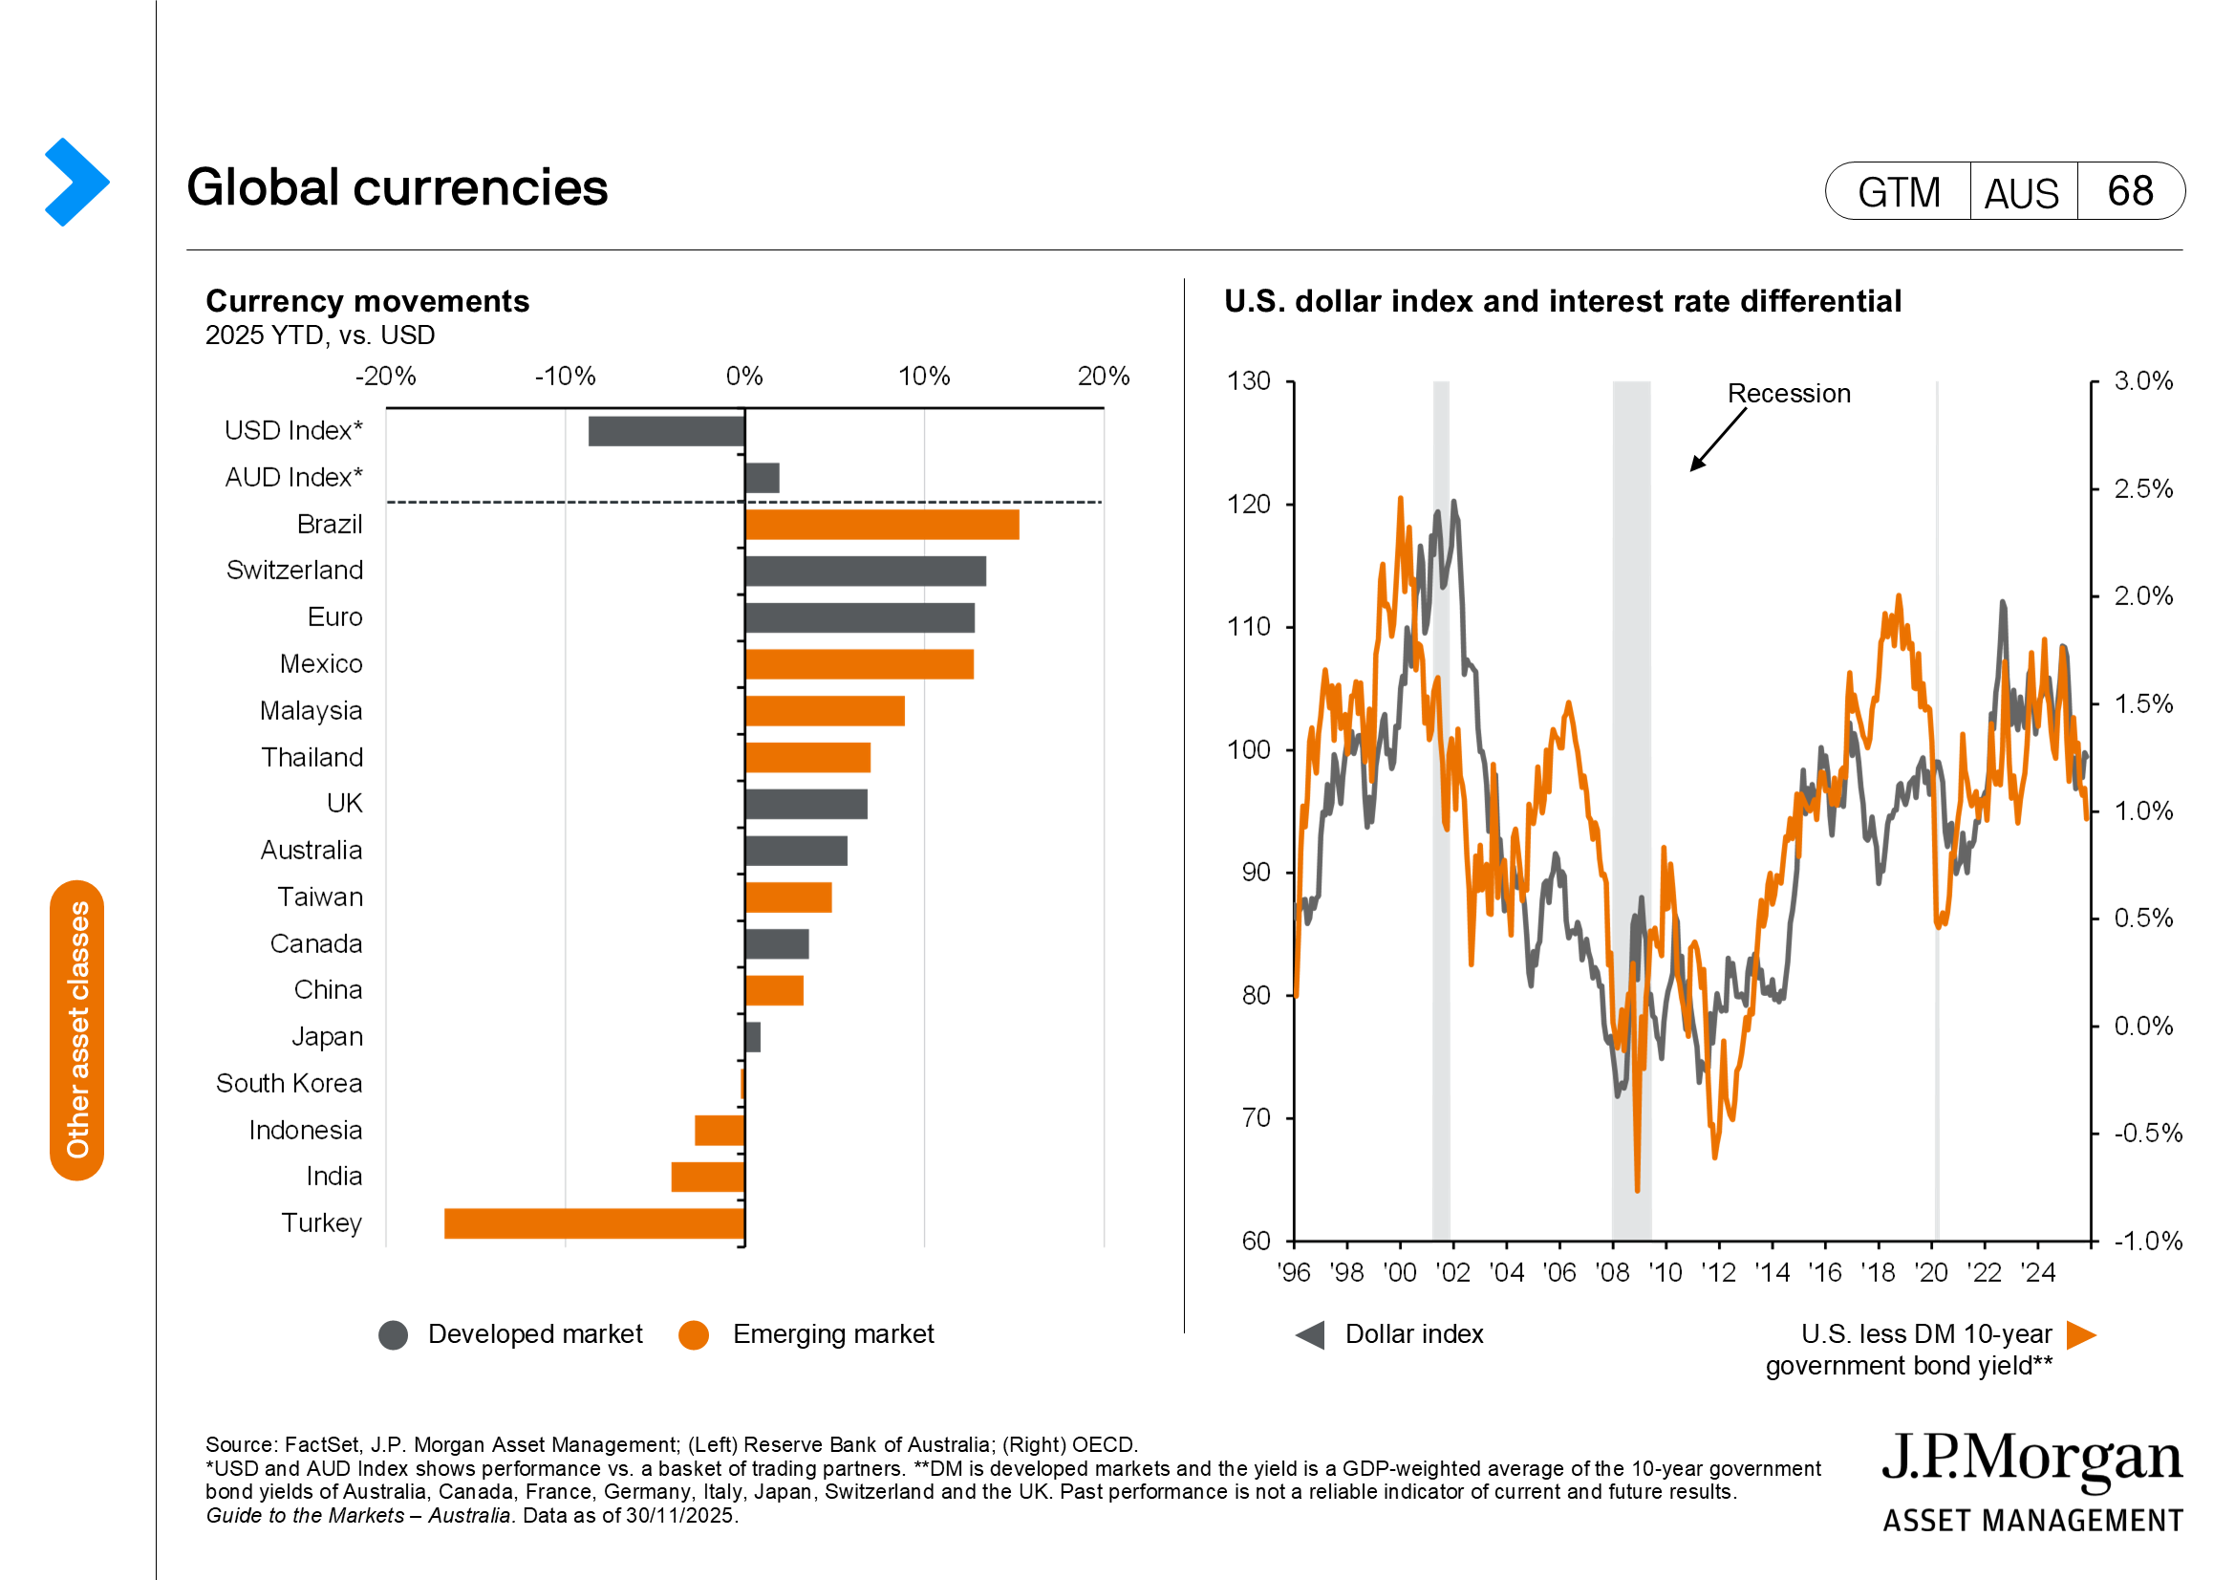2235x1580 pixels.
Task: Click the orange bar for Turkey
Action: click(593, 1223)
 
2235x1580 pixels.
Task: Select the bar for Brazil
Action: click(882, 525)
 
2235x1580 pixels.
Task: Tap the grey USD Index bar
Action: click(666, 431)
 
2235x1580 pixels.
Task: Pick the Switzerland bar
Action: click(866, 572)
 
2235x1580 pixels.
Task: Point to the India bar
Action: click(708, 1177)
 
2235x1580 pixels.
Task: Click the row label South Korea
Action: click(290, 1084)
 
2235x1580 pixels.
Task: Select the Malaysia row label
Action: click(311, 710)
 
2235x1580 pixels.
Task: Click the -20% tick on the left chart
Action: click(385, 377)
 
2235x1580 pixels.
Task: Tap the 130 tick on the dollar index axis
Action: click(1249, 381)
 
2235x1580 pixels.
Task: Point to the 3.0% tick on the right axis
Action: click(2143, 381)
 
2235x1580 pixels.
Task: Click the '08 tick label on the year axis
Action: click(1612, 1273)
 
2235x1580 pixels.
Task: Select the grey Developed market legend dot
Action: click(394, 1335)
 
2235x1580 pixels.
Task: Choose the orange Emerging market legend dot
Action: click(694, 1335)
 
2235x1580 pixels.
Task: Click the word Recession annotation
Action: click(1789, 394)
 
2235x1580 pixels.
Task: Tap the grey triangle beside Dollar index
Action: click(1310, 1335)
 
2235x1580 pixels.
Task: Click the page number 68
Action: click(2130, 192)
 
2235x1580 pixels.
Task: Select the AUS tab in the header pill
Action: click(2022, 193)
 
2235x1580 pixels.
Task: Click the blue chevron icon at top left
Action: click(75, 182)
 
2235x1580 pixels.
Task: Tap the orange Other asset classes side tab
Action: click(76, 1030)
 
